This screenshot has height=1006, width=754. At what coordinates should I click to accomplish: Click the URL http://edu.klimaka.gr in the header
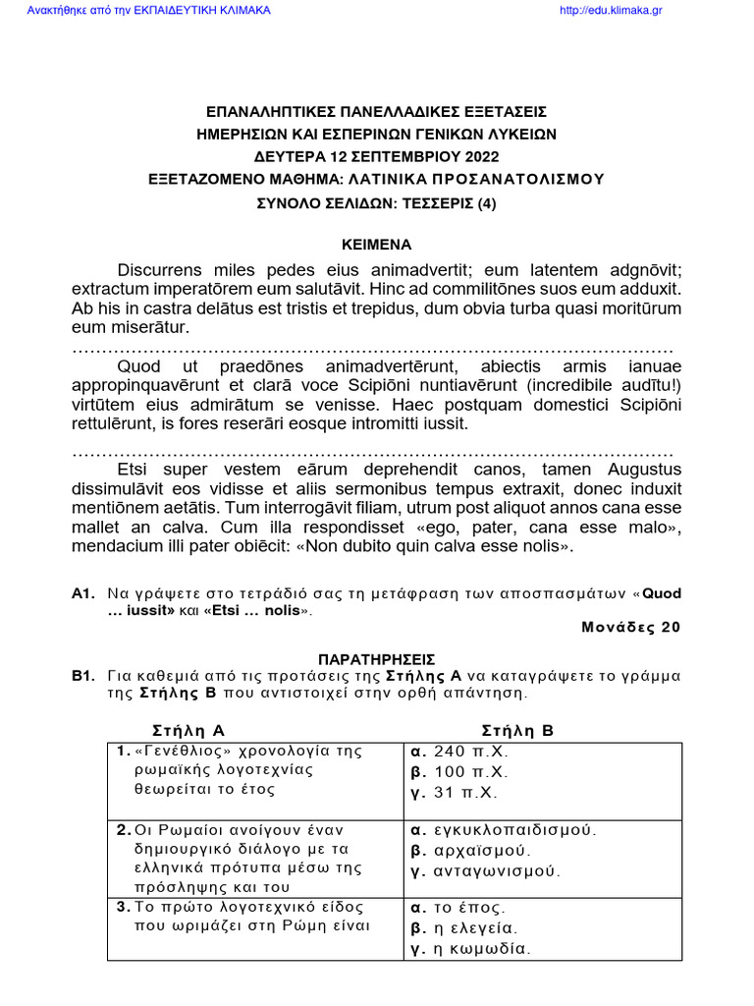[609, 11]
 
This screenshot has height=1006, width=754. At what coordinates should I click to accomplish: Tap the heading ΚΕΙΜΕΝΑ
[376, 245]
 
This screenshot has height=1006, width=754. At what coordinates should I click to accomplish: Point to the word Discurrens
[163, 270]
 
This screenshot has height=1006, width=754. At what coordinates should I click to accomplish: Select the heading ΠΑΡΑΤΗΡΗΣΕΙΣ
[376, 659]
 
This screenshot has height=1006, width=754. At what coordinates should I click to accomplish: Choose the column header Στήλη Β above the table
[518, 730]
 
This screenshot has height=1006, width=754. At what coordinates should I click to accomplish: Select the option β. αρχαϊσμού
[470, 850]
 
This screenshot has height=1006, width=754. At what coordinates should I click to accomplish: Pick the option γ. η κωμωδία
[469, 949]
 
